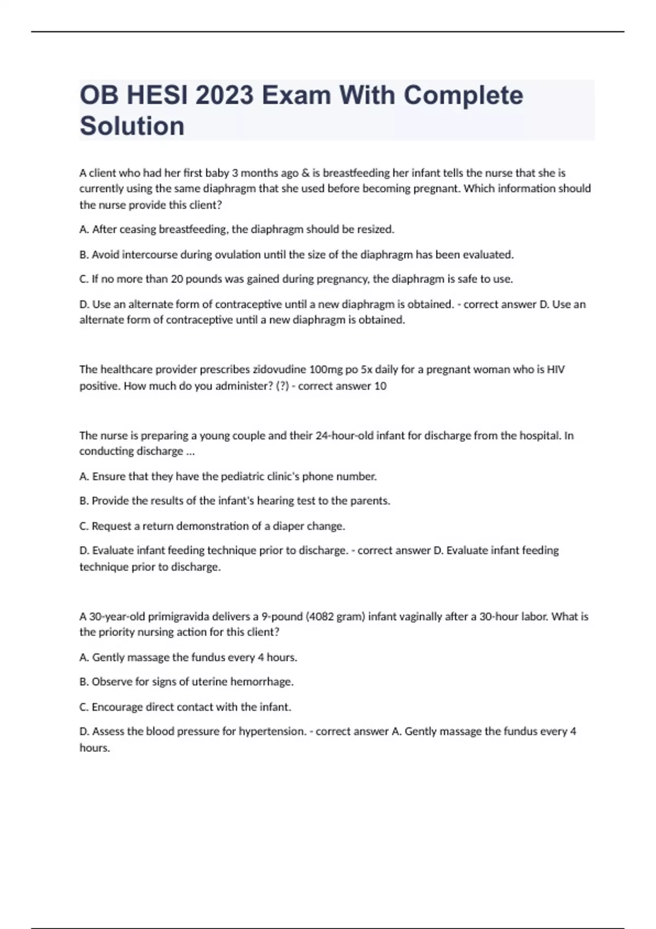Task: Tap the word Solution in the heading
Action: (x=132, y=126)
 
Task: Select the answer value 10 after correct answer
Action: (x=380, y=386)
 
